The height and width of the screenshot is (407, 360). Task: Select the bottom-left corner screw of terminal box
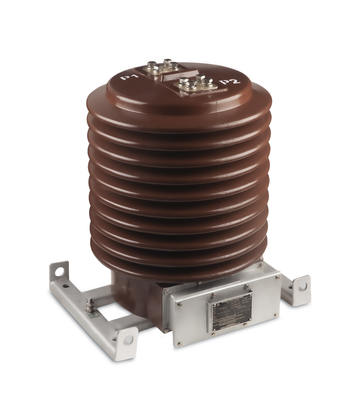[x=168, y=331]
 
